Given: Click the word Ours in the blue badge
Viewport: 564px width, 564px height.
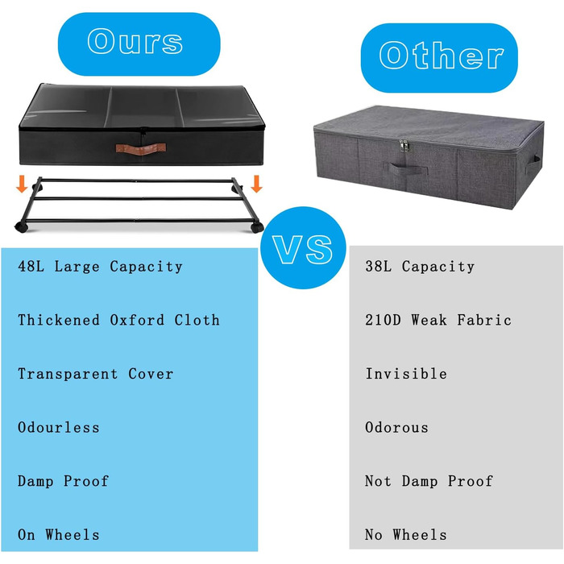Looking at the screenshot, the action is point(135,41).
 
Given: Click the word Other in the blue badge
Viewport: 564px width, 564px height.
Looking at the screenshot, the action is point(441,55).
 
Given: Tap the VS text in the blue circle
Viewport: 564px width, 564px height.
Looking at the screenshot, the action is point(303,250).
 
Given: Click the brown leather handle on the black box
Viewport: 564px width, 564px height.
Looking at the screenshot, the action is point(141,149).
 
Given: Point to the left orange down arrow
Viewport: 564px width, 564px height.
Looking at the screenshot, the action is point(22,184).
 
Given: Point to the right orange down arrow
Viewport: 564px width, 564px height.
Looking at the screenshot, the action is point(256,184).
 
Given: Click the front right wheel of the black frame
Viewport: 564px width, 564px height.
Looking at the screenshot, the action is point(257,227).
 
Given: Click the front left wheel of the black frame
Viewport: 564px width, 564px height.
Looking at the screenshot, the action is point(21,227).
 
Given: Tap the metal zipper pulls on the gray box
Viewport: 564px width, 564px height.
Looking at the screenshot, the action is point(404,145).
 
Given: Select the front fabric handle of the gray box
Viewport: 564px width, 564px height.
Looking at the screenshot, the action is point(408,168).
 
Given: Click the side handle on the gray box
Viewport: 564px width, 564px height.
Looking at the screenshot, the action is point(533,164).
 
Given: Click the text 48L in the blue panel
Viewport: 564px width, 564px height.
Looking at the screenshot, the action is point(31,267).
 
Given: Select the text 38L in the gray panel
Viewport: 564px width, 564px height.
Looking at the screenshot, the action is point(378,267).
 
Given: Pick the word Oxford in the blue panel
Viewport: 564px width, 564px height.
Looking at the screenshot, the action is point(137,320).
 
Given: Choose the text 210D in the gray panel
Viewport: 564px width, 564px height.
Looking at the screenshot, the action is point(383,320).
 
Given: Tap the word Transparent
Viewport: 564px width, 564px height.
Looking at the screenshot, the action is point(68,374).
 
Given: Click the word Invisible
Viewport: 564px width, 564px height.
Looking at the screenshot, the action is point(406,374).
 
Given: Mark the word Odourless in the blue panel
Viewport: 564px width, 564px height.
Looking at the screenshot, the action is point(58,427).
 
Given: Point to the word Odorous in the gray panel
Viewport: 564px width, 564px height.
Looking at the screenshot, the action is point(396,427).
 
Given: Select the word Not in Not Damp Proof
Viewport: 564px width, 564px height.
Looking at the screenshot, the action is point(378,481).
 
